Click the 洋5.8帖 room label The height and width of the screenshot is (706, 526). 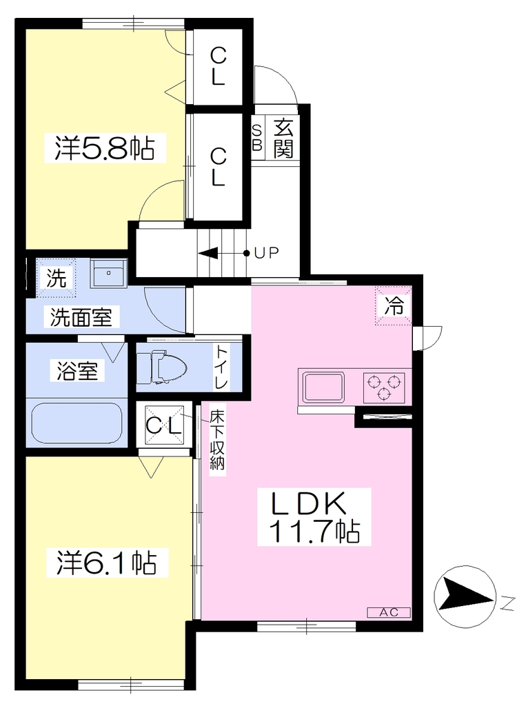[x=105, y=148]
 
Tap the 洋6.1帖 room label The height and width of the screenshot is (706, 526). [x=107, y=563]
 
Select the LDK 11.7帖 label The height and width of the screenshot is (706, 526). [x=314, y=517]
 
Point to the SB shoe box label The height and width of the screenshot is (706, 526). [x=256, y=137]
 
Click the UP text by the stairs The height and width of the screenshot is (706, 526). [x=267, y=253]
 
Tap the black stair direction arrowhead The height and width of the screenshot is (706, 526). [x=208, y=253]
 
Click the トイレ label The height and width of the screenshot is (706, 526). [x=222, y=367]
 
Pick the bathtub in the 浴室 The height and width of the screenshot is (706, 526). [x=77, y=423]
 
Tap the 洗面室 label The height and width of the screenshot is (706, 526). [x=81, y=317]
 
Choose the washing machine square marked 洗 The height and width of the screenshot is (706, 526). [x=57, y=279]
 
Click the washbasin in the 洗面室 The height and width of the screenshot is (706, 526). [x=109, y=273]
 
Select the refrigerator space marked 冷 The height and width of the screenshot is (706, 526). [x=394, y=305]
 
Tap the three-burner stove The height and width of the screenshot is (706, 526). [x=384, y=387]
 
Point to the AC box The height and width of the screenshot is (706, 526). [x=389, y=613]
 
